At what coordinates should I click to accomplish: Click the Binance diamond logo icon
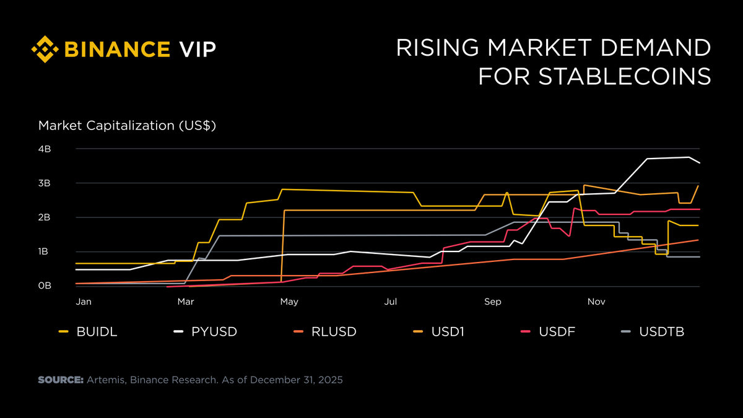click(x=45, y=49)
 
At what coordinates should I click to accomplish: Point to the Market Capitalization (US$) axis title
click(x=127, y=126)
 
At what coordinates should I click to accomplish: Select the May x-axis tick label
click(x=289, y=302)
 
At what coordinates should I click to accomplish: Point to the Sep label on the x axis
click(x=493, y=302)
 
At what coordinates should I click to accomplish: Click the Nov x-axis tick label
click(x=596, y=302)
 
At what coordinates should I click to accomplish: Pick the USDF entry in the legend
click(x=558, y=332)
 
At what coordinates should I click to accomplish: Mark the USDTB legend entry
click(x=661, y=332)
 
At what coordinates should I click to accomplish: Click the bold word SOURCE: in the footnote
click(x=61, y=380)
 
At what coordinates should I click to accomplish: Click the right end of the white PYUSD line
click(x=699, y=163)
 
